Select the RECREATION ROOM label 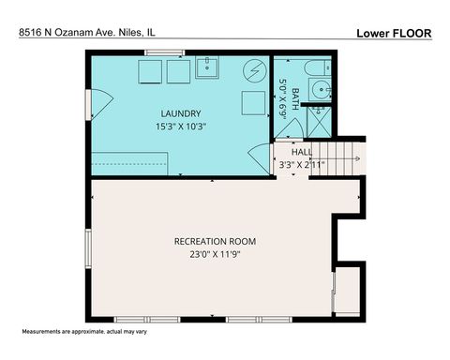coord(215,241)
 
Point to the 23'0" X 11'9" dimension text coord(215,255)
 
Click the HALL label coord(301,151)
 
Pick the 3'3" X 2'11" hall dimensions coord(302,165)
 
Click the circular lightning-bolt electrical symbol coord(253,71)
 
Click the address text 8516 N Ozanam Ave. coord(86,32)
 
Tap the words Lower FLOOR coord(394,33)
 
